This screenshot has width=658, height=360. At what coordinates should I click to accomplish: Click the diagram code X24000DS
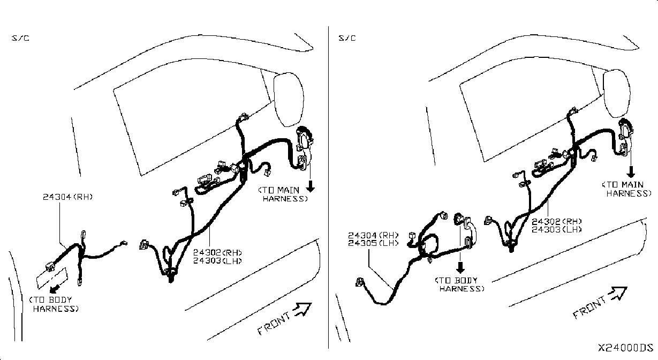click(625, 348)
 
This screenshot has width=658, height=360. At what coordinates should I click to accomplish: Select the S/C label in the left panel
click(20, 38)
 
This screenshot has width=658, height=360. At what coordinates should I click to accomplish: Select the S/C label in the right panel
click(347, 38)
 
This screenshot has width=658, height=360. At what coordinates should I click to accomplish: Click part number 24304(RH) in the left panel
click(68, 197)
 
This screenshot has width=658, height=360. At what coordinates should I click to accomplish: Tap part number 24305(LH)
click(373, 243)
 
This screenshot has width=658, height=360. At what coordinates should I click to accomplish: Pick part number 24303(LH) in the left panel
click(218, 261)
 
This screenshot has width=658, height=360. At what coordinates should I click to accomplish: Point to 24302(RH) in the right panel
click(557, 221)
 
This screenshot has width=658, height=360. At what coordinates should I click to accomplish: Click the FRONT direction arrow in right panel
click(618, 294)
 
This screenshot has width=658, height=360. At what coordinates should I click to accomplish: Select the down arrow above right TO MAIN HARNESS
click(631, 171)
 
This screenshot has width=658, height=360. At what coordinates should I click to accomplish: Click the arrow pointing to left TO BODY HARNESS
click(55, 288)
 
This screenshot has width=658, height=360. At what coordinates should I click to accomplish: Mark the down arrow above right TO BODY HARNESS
click(460, 267)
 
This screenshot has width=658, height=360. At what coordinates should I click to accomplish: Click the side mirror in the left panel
click(289, 99)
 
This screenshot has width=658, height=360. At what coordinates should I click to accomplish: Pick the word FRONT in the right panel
click(589, 307)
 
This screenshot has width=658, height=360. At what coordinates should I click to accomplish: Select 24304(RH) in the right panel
click(373, 235)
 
